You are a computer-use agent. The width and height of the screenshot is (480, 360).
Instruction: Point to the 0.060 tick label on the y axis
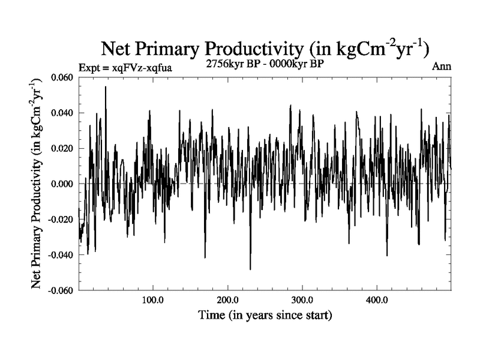62,78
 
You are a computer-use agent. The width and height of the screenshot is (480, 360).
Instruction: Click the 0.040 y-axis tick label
62,113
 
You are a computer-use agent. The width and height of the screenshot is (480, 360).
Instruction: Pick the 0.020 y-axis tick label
62,149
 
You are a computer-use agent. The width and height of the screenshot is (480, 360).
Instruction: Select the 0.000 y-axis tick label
62,184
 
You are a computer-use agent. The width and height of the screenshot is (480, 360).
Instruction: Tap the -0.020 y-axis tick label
61,220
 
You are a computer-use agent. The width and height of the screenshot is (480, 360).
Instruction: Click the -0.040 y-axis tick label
61,255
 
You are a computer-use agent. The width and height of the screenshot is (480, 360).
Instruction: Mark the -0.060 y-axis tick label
61,290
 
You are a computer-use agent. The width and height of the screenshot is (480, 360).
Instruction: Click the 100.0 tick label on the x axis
152,300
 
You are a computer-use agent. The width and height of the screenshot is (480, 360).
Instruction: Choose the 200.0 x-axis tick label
227,300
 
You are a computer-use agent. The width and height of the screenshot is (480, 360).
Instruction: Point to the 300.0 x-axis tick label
301,300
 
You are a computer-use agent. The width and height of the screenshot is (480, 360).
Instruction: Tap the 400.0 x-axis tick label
376,300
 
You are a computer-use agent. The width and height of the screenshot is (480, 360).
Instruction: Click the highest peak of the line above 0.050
106,87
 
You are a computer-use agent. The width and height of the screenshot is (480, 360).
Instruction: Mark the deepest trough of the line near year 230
250,269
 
